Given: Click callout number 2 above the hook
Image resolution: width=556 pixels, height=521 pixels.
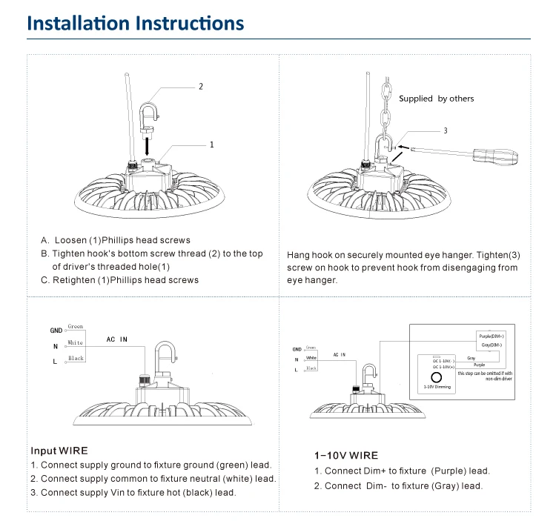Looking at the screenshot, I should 200,87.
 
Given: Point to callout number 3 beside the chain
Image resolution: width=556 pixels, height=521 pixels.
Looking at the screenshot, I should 445,130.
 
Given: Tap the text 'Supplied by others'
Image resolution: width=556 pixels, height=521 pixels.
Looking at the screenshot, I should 436,99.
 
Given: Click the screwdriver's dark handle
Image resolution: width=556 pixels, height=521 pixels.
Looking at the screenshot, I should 506,156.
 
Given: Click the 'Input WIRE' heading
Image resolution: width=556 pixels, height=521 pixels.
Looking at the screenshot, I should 59,451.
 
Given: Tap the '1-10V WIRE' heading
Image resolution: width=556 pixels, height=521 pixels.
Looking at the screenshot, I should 346,456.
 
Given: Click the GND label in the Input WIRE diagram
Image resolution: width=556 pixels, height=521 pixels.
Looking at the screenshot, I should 56,331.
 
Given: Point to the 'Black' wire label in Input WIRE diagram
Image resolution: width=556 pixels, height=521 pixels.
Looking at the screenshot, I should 76,359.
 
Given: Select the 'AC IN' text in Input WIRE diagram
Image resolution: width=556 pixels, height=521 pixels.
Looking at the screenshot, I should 116,339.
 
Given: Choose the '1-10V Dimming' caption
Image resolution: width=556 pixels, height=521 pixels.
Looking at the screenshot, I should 437,387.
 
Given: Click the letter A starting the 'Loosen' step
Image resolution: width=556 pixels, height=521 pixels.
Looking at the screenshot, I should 44,240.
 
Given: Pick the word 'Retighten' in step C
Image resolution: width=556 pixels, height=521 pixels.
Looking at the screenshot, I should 70,280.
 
